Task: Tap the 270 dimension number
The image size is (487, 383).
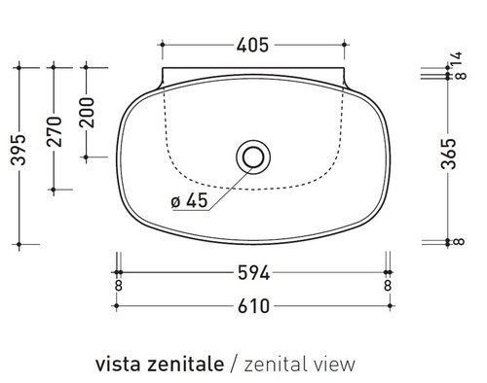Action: click(56, 128)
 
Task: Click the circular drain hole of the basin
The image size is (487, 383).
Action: click(252, 156)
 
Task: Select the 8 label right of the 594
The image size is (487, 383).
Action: click(388, 287)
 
